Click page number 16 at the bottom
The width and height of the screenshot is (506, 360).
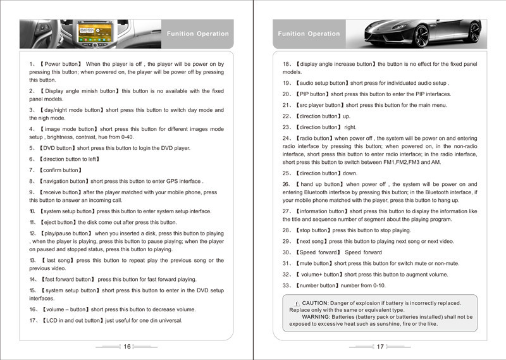point(127,346)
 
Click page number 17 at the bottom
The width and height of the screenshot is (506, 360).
point(380,346)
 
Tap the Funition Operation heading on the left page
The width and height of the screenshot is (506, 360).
point(197,34)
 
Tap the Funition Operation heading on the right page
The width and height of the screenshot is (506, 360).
point(309,34)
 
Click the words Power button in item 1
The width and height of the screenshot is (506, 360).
point(61,64)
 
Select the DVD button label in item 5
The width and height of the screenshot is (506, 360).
point(60,147)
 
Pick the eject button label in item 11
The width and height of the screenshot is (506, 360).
point(59,222)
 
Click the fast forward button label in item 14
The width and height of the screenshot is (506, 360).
point(69,279)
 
